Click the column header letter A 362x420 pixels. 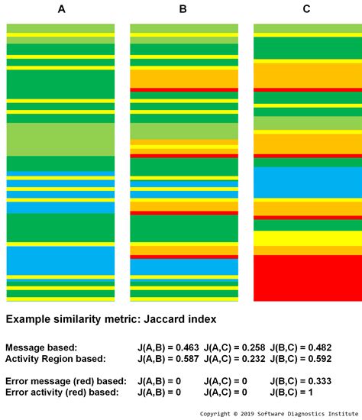click(x=60, y=10)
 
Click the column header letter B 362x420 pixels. click(x=183, y=10)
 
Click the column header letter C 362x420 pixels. click(x=306, y=10)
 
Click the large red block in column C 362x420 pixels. click(x=307, y=278)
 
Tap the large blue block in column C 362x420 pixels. click(x=307, y=183)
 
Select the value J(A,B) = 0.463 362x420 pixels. click(x=168, y=347)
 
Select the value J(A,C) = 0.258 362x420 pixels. click(x=234, y=347)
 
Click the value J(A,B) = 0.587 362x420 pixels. click(x=168, y=358)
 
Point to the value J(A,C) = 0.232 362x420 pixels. click(x=234, y=358)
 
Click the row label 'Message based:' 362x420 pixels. click(x=41, y=347)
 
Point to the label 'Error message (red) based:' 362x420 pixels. click(x=67, y=380)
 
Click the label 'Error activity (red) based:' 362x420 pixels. click(x=65, y=391)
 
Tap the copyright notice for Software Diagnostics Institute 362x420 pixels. click(x=280, y=413)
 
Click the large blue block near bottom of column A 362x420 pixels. click(x=60, y=260)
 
